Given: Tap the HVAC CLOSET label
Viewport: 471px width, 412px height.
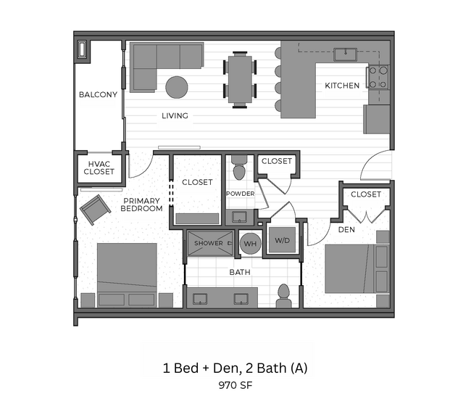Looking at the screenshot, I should pyautogui.click(x=99, y=168).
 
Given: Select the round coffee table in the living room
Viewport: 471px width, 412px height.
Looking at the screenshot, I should pyautogui.click(x=177, y=87).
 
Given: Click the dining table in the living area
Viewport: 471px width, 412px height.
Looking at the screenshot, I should pyautogui.click(x=239, y=79).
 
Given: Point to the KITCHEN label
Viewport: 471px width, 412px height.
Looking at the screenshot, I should pyautogui.click(x=341, y=86).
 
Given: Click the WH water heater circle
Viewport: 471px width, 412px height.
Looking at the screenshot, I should pyautogui.click(x=251, y=244).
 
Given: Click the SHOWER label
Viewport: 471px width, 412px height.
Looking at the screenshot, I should pyautogui.click(x=208, y=244).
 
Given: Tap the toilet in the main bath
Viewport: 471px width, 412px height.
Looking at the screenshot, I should pyautogui.click(x=283, y=294).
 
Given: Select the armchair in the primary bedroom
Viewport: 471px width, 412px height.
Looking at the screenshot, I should pyautogui.click(x=94, y=210).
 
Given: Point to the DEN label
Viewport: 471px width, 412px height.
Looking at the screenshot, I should pyautogui.click(x=346, y=230).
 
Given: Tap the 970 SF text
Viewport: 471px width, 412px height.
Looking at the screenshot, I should pyautogui.click(x=235, y=387).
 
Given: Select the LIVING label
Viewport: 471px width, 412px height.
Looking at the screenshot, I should pyautogui.click(x=175, y=115).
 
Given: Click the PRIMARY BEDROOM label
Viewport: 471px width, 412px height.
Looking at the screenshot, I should pyautogui.click(x=142, y=205).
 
